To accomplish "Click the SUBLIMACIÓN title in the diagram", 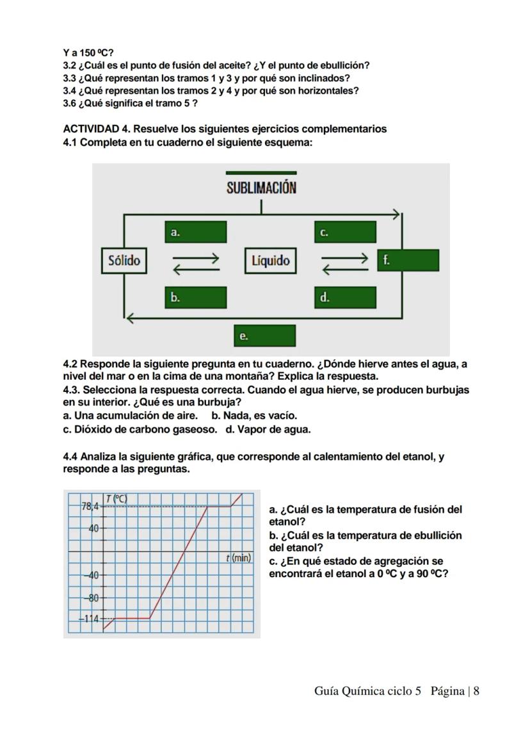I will tap(261, 188).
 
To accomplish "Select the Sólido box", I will tap(124, 261).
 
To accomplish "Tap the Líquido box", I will tap(270, 261).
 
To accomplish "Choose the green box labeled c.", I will tap(345, 232).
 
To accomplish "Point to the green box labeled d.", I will tap(345, 298).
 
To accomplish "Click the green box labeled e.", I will tap(264, 336).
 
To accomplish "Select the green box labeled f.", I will tap(408, 261).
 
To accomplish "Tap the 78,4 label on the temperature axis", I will tap(90, 506).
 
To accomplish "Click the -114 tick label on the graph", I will tap(90, 619).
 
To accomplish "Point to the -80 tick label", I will tap(93, 598).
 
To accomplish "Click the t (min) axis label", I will tap(238, 558).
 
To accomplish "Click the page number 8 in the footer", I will tap(476, 690).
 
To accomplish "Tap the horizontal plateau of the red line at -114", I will tap(132, 618).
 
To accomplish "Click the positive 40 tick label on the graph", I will tap(93, 528).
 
